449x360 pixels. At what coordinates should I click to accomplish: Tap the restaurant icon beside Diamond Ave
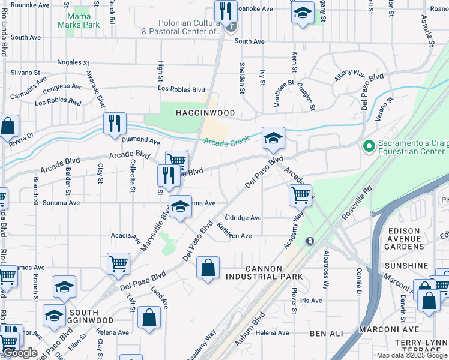pos(113,124)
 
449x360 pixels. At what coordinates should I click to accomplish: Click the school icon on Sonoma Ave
pos(180,206)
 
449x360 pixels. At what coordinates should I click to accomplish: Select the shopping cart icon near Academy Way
pos(300,194)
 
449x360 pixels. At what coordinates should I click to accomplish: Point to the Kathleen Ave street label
pos(235,233)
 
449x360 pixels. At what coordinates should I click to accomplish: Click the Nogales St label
pos(73,62)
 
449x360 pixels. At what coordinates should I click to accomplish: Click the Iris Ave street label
pos(312,301)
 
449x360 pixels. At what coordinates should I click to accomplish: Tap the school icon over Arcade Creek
pos(273,139)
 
